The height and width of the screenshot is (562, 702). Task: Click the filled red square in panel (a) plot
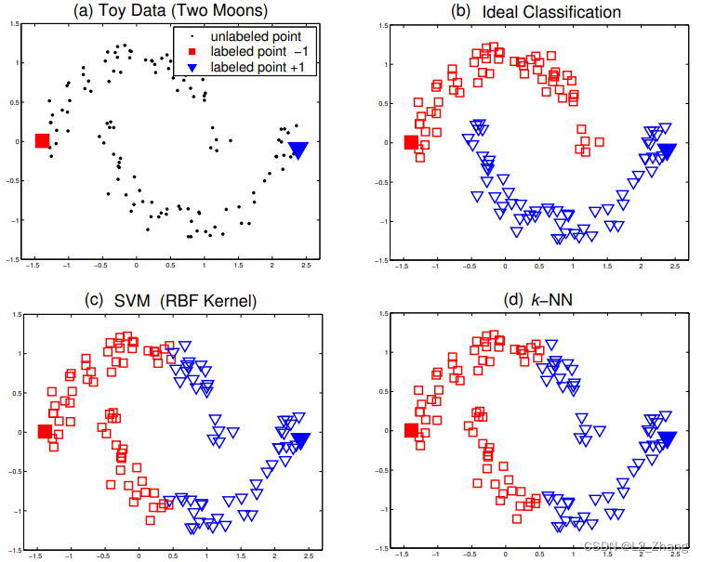point(42,141)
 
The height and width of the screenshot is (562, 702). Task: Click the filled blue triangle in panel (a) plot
point(298,150)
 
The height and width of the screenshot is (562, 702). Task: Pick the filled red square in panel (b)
point(411,142)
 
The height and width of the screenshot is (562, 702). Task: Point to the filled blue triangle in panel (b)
point(667,151)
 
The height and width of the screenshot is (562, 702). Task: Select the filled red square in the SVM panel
point(44,431)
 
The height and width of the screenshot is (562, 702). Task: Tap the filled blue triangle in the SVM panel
point(299,439)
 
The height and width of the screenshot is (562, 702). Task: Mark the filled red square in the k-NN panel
point(411,431)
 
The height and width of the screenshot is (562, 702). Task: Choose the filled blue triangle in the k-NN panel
point(667,439)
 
